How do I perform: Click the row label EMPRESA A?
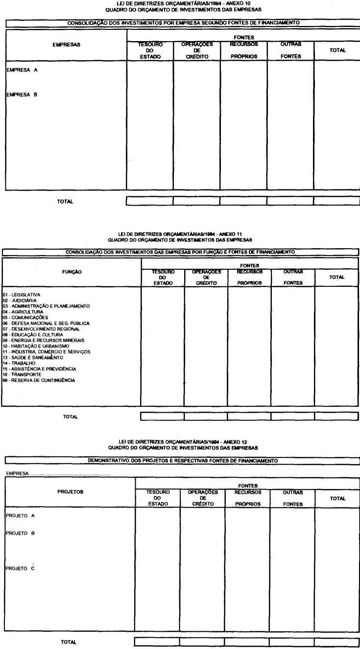point(22,70)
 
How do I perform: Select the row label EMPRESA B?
point(22,95)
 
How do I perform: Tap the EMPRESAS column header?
point(66,45)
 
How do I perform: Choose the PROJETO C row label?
point(20,568)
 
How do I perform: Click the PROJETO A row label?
point(20,516)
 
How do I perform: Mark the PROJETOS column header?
point(70,492)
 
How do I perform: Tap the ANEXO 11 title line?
point(180,234)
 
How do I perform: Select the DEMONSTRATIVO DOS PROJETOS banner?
point(182,461)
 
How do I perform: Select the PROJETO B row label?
point(20,533)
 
